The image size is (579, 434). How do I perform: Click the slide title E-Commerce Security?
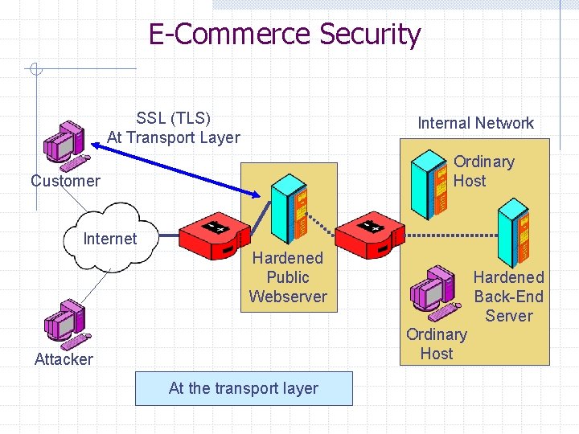pos(284,35)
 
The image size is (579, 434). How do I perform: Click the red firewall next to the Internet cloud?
pos(214,236)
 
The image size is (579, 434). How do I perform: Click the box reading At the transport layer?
pos(244,389)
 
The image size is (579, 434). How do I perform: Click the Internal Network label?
pos(475,123)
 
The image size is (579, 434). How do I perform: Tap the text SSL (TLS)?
pos(173,118)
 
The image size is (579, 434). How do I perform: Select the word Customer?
pos(65,181)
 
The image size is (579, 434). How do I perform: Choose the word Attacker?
pos(64,359)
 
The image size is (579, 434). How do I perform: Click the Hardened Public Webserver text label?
pos(288,277)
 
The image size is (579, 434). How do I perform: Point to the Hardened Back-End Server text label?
pos(508,297)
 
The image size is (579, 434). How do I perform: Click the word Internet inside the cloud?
pos(110,239)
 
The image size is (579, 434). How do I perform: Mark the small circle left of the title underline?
pos(34,70)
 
